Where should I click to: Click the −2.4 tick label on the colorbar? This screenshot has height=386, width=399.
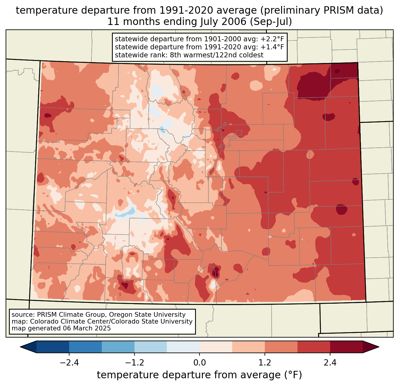coord(69,363)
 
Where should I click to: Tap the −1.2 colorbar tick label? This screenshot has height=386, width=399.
coord(134,363)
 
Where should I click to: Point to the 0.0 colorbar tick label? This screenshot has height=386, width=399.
coord(199,363)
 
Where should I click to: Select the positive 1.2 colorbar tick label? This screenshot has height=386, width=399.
coord(265,363)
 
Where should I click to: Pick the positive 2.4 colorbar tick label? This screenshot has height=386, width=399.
coord(330,363)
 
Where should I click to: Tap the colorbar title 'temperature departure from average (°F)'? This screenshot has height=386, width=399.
coord(199,375)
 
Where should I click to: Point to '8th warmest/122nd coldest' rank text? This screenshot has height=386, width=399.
coord(217,55)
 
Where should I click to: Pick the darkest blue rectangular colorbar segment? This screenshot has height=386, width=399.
coord(53,347)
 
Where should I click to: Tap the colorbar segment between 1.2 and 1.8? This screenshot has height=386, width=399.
coord(281,347)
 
